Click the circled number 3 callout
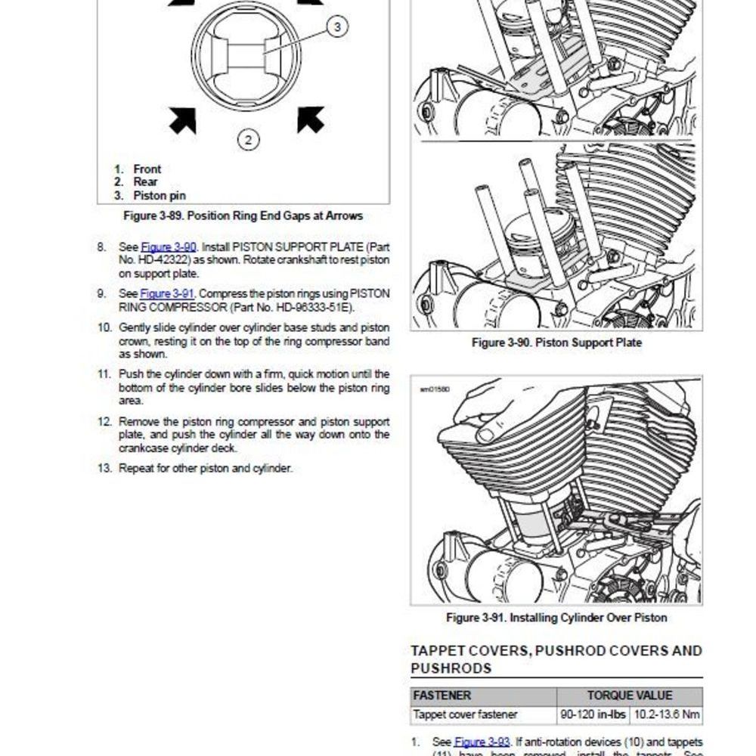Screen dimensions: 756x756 tap(336, 27)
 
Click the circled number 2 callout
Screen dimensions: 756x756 tap(249, 139)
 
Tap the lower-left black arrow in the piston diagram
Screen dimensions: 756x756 tap(183, 119)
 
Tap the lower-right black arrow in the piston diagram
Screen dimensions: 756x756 tap(310, 119)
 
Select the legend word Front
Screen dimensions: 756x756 tap(147, 169)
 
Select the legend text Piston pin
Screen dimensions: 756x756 tap(160, 196)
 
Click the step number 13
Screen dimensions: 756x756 tap(104, 469)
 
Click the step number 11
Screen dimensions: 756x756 tap(104, 374)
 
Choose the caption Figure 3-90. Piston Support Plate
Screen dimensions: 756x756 tap(556, 343)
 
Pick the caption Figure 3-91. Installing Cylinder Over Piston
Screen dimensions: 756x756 tap(556, 618)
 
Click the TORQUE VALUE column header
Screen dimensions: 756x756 tap(629, 696)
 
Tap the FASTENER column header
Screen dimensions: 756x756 tap(442, 696)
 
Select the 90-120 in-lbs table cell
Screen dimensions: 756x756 tap(593, 714)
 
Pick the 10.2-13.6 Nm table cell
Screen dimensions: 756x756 tap(666, 714)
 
